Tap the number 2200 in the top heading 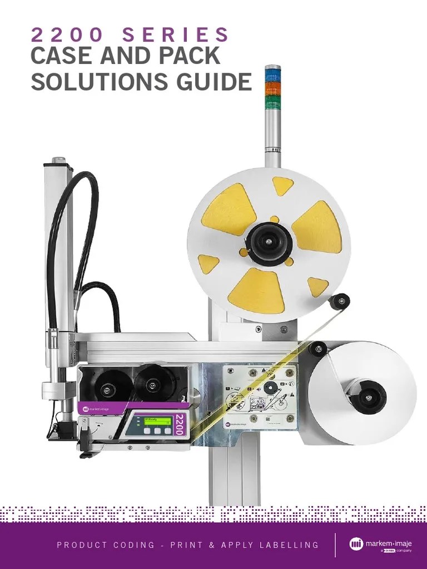click(68, 35)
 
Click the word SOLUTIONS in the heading click(94, 82)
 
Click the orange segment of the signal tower click(272, 88)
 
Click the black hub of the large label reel click(269, 243)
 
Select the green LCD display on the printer click(157, 420)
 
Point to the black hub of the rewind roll click(365, 396)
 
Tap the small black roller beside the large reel click(339, 302)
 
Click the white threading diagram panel click(260, 396)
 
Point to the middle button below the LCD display click(157, 431)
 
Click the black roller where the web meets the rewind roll click(318, 349)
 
